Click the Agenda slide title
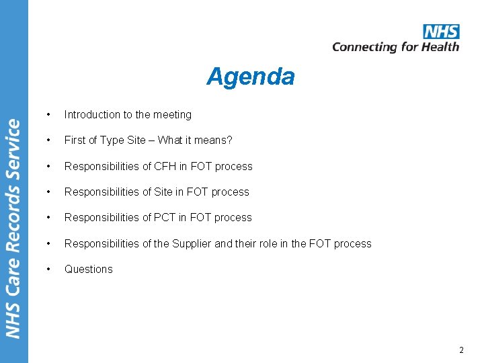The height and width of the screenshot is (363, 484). (x=250, y=77)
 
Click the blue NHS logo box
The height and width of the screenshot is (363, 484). (x=441, y=32)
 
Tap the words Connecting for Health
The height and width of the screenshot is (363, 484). (x=395, y=47)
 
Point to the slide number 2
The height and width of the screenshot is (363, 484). (x=461, y=350)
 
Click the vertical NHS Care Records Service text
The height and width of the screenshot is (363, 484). (x=14, y=229)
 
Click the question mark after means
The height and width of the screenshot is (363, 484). (x=229, y=140)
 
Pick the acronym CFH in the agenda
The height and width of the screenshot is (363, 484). (x=165, y=166)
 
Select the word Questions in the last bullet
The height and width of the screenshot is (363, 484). (x=89, y=269)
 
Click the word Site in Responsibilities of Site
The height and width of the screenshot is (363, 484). (x=163, y=192)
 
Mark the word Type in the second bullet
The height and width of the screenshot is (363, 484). (x=112, y=140)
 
